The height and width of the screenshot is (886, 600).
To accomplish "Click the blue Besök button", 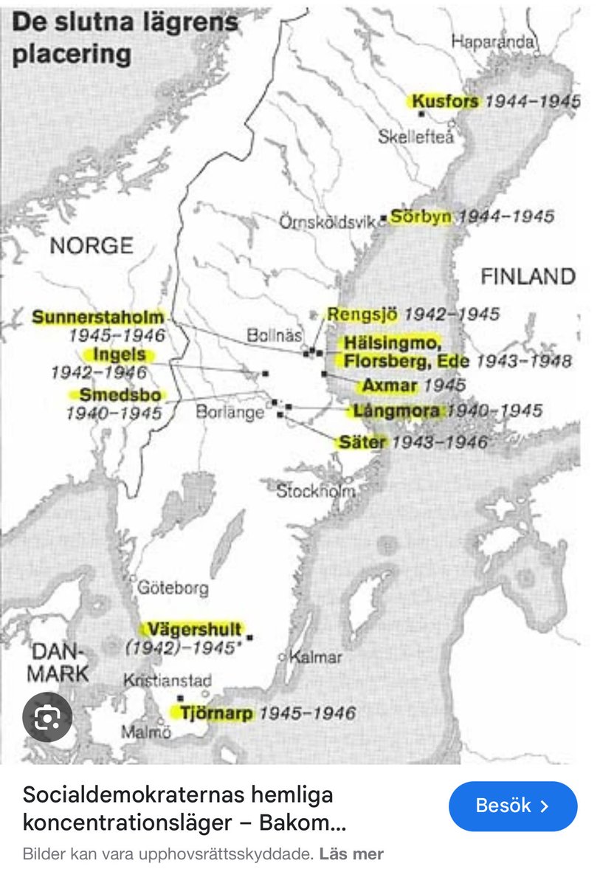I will (x=513, y=806).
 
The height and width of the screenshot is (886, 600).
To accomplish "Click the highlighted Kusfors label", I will (x=445, y=102).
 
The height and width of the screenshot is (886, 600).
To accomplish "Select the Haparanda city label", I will (x=492, y=43).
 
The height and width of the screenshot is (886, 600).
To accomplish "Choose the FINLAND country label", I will (x=528, y=277).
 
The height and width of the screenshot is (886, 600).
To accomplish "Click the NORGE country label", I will (x=91, y=245).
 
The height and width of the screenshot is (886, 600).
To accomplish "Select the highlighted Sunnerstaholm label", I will (x=97, y=317).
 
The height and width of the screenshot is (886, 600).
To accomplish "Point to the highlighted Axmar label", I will (x=389, y=385).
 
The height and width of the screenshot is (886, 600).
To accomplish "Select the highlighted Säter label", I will (x=362, y=443).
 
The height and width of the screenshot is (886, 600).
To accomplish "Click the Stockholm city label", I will (x=316, y=490).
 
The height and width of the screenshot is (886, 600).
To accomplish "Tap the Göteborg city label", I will (x=173, y=588).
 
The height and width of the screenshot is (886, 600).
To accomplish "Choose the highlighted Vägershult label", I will (x=194, y=630).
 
